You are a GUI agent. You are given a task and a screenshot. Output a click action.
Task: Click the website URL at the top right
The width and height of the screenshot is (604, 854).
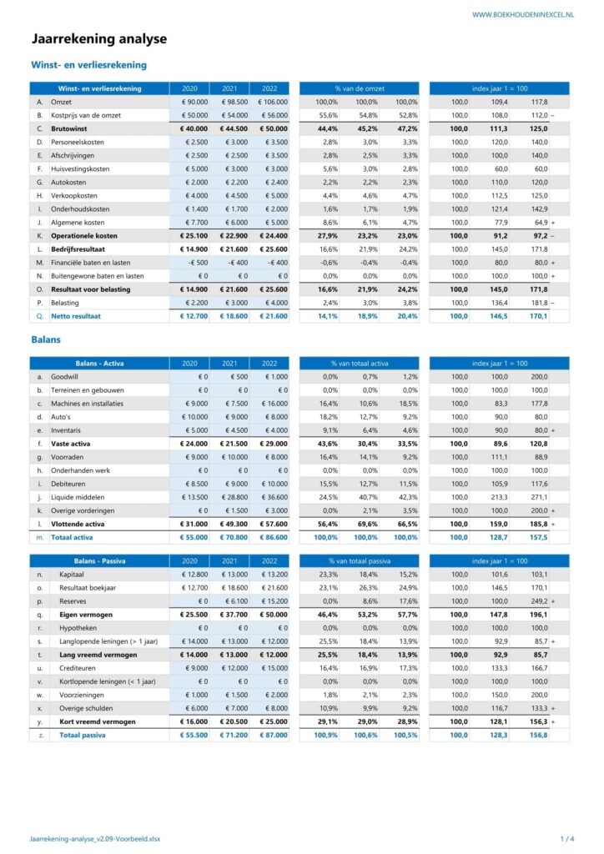click(x=523, y=15)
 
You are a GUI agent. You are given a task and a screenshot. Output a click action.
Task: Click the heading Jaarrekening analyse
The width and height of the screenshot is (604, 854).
click(x=98, y=38)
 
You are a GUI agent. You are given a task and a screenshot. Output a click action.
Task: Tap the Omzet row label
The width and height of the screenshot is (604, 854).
click(x=62, y=102)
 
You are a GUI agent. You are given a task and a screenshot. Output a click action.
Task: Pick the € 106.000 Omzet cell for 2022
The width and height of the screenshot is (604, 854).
click(x=269, y=102)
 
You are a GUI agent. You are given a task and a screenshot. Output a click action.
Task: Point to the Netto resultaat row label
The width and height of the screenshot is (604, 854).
click(x=78, y=317)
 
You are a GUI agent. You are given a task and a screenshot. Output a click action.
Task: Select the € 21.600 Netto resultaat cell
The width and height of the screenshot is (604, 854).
click(x=271, y=317)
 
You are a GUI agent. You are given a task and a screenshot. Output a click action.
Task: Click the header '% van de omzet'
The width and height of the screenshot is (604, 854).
click(x=360, y=88)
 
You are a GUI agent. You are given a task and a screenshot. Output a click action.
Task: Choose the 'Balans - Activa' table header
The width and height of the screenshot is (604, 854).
click(x=99, y=363)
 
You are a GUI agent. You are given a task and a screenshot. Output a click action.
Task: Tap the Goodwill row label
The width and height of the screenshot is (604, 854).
click(x=66, y=377)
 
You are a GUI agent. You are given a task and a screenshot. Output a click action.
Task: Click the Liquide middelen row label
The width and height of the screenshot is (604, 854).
click(x=78, y=497)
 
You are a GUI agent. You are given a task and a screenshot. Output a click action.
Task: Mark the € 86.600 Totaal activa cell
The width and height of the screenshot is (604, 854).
click(x=269, y=537)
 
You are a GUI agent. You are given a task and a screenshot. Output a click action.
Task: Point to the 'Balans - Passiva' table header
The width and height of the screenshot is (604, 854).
click(x=99, y=561)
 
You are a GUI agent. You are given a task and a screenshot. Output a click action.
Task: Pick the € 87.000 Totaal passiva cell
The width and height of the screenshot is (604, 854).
click(x=269, y=735)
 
